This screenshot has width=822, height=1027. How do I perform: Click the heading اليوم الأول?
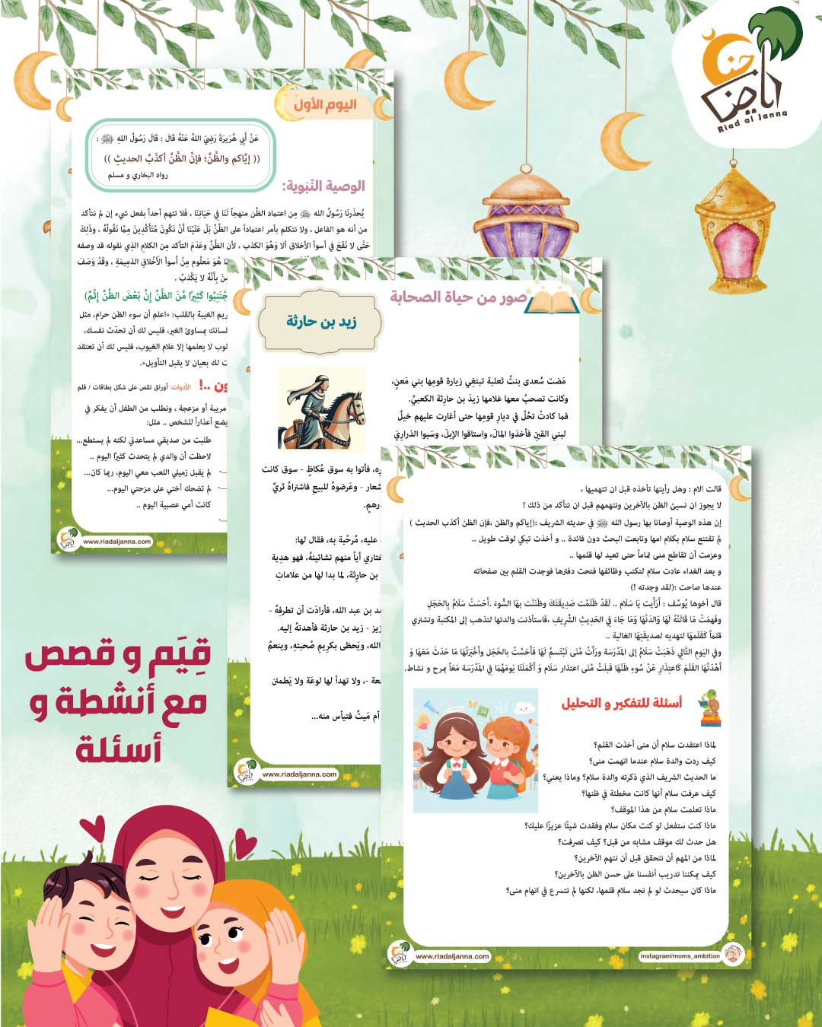(x=325, y=105)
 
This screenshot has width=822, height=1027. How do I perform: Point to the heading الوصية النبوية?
(x=323, y=186)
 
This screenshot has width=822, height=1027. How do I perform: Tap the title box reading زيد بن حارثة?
(x=321, y=322)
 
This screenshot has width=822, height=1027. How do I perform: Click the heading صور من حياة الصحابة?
(x=458, y=297)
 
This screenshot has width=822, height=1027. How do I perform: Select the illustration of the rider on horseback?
(x=322, y=409)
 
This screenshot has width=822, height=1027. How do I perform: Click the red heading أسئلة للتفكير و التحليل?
(x=621, y=703)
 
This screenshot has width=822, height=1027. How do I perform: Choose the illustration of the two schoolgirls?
(x=475, y=750)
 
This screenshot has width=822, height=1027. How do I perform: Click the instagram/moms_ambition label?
(x=680, y=955)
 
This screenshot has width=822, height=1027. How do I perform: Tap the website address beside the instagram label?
(x=452, y=956)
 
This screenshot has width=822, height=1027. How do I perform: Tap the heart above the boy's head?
(x=93, y=830)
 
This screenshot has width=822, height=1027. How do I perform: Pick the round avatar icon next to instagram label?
(x=733, y=955)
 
